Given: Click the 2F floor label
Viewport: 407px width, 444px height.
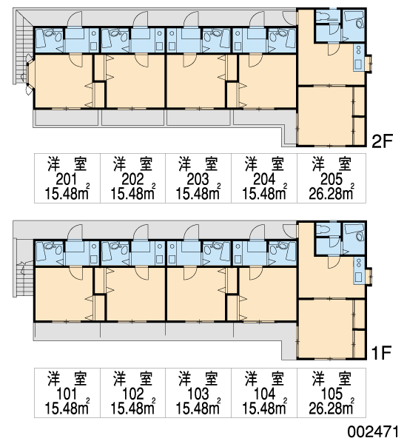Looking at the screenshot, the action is pyautogui.click(x=382, y=141).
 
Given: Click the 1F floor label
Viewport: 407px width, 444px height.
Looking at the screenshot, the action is pyautogui.click(x=382, y=352).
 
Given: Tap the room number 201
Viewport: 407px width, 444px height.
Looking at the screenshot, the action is pyautogui.click(x=67, y=179).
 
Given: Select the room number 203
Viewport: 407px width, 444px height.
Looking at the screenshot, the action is pyautogui.click(x=198, y=179).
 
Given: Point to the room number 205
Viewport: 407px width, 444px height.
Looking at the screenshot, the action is pyautogui.click(x=332, y=179).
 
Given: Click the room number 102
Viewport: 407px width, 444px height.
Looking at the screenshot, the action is pyautogui.click(x=132, y=394).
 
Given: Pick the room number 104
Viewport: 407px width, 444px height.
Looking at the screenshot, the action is pyautogui.click(x=264, y=394).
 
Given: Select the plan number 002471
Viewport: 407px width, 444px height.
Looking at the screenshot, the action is pyautogui.click(x=373, y=432).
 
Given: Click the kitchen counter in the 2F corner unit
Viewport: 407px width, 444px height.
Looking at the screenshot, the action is pyautogui.click(x=358, y=58).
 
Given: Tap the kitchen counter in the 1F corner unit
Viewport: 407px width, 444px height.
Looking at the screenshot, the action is pyautogui.click(x=358, y=271).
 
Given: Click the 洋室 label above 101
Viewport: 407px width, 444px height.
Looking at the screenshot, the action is pyautogui.click(x=67, y=378).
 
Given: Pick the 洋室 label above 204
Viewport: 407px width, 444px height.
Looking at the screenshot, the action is pyautogui.click(x=264, y=164).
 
